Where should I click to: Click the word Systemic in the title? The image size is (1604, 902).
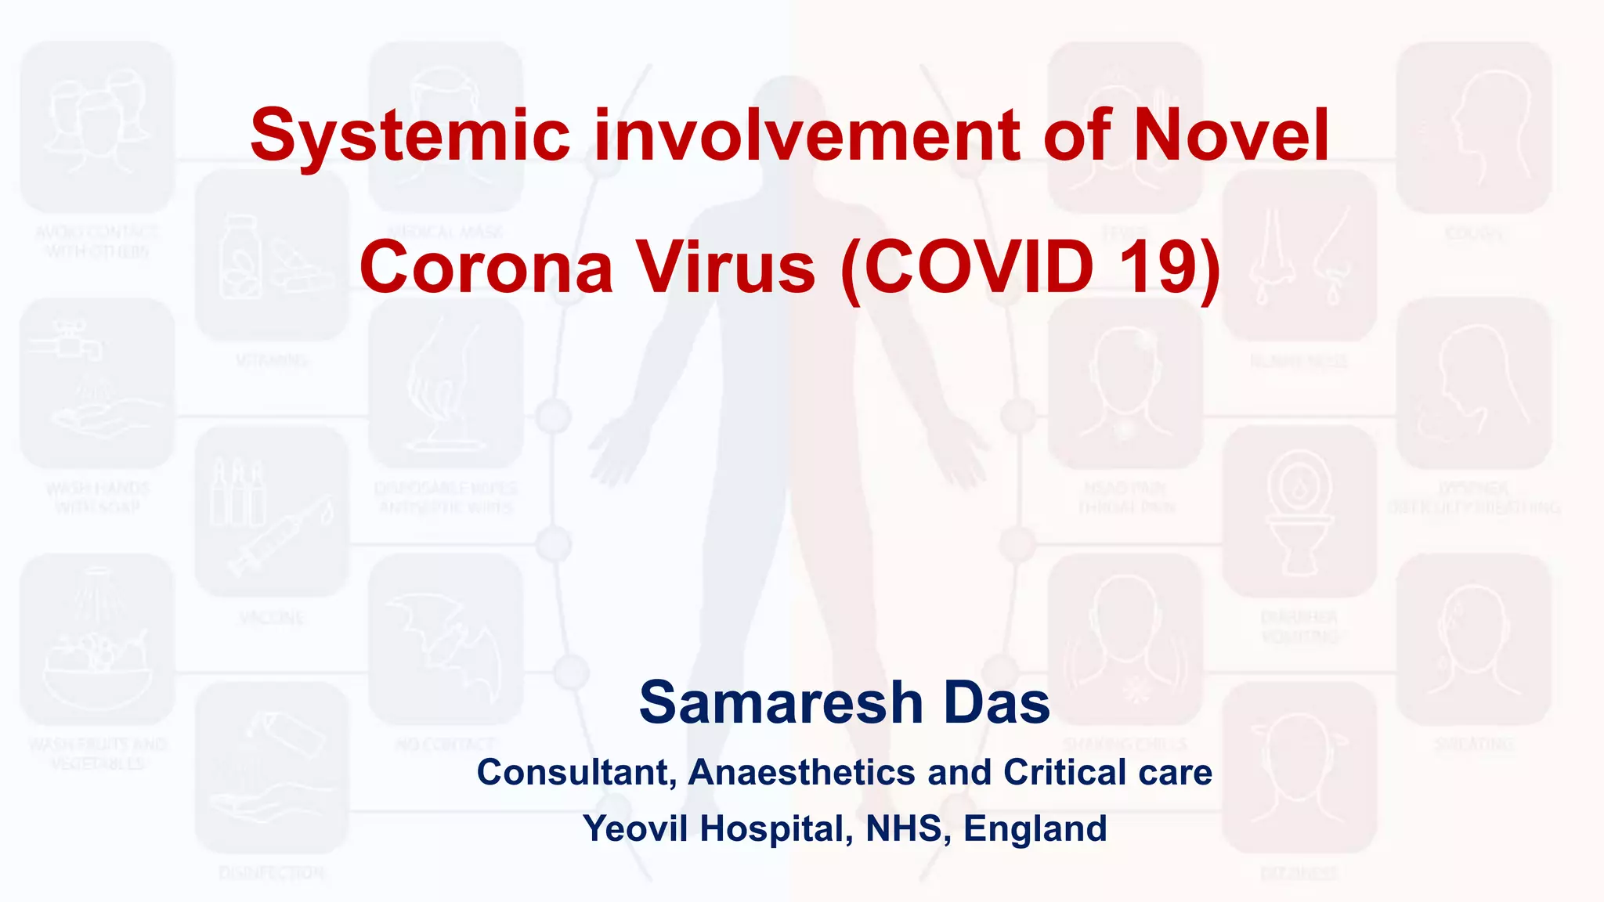(410, 135)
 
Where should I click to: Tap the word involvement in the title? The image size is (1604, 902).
(807, 135)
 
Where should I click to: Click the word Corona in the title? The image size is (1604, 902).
(486, 267)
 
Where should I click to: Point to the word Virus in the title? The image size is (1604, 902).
(725, 267)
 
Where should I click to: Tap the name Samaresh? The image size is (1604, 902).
(782, 702)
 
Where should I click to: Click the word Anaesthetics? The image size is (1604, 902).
(801, 773)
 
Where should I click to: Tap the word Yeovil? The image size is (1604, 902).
(636, 828)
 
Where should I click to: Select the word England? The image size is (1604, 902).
(1035, 828)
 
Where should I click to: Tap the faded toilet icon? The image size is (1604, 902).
(1299, 513)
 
